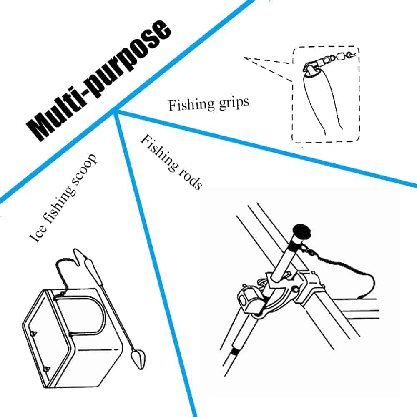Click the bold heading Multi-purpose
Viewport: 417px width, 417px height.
(x=98, y=80)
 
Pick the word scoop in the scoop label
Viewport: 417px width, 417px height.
(x=84, y=168)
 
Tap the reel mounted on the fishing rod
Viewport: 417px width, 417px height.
(x=248, y=298)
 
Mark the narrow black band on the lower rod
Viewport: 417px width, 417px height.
(x=234, y=352)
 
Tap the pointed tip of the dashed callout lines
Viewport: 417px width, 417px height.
(x=244, y=58)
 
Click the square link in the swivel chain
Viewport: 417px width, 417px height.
(x=340, y=57)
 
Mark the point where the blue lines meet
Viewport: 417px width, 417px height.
(x=115, y=110)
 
